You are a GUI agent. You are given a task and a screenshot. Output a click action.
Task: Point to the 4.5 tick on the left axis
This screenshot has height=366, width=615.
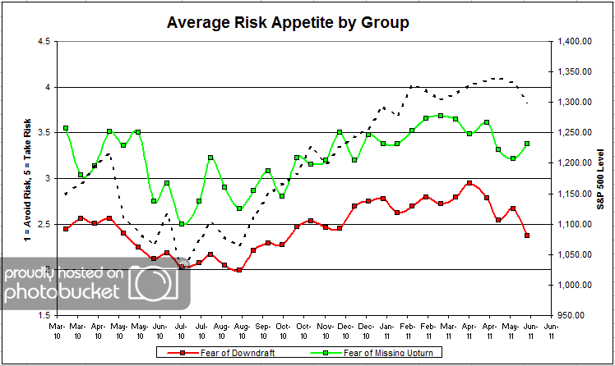44,41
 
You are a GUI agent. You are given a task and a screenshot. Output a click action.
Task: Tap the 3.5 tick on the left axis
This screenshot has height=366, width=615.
44,132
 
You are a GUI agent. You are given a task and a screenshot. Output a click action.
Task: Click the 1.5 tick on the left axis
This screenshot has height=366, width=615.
44,314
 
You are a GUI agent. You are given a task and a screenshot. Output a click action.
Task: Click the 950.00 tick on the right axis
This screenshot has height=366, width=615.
576,314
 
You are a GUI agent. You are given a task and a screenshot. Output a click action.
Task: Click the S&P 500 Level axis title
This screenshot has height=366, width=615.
601,177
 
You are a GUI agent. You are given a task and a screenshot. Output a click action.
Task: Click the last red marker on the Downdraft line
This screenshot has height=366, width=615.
527,236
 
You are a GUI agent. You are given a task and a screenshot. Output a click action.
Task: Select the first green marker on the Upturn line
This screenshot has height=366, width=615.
66,128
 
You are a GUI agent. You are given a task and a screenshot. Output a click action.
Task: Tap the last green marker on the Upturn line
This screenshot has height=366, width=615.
527,144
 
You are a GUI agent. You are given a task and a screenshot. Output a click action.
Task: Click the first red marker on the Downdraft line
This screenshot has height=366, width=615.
66,229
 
